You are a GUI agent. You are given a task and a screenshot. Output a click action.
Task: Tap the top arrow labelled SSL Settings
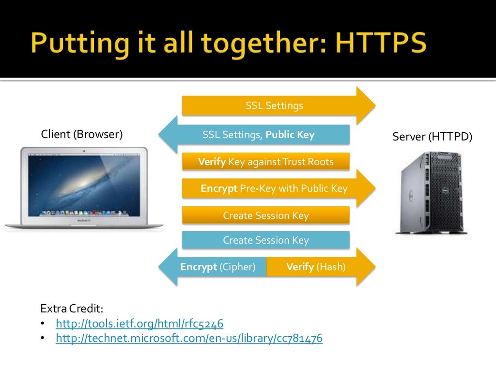[274, 106]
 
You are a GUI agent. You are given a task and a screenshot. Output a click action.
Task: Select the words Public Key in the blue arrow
[290, 135]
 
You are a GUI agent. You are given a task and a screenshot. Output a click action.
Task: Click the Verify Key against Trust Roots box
[265, 162]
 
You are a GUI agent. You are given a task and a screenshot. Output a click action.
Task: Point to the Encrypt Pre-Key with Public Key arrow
[274, 188]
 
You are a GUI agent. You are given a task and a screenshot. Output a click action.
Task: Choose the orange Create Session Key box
[265, 216]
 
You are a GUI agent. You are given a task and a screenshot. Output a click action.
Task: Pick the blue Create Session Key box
[265, 240]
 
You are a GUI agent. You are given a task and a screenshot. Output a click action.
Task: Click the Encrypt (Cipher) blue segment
[218, 267]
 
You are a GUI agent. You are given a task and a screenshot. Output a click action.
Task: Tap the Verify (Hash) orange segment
[316, 267]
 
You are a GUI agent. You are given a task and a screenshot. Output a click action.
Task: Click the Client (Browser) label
[82, 134]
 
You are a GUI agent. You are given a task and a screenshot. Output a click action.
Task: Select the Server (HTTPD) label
[432, 137]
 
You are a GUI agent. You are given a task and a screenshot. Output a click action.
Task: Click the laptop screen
[84, 184]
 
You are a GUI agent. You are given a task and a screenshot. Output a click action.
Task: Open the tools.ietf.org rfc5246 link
[139, 324]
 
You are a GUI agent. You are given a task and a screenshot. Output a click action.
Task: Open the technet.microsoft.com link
[189, 339]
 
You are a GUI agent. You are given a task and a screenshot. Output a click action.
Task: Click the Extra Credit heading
[72, 309]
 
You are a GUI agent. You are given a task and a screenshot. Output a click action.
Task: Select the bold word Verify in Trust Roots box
[212, 162]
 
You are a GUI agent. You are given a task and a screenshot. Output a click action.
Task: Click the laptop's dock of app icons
[84, 212]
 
